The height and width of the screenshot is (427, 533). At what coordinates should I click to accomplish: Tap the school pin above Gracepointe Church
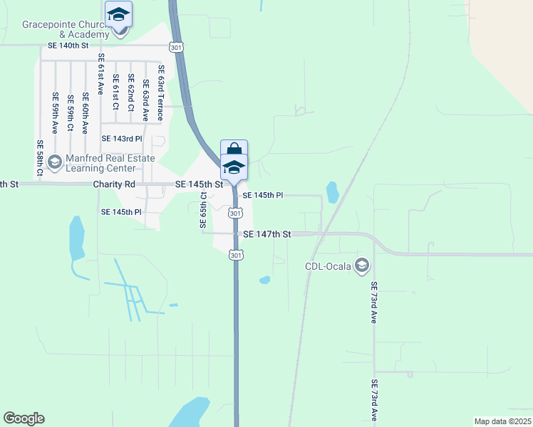[118, 14]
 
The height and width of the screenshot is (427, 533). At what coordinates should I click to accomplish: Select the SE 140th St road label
[68, 46]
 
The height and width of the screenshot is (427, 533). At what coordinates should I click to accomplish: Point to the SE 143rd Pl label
[123, 138]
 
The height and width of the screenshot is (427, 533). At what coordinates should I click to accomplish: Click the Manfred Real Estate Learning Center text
[100, 163]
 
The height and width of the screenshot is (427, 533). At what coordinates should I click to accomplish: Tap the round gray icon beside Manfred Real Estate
[54, 163]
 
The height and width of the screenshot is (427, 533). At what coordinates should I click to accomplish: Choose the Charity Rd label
[114, 184]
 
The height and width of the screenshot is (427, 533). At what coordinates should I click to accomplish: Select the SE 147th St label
[267, 233]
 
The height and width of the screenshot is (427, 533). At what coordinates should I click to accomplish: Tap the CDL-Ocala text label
[328, 266]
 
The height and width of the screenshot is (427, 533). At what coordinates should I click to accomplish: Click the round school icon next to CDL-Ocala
[362, 265]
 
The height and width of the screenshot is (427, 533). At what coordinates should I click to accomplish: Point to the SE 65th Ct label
[203, 210]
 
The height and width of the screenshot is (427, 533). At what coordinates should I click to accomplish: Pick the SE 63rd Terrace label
[162, 93]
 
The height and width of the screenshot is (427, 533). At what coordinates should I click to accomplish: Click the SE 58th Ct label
[40, 157]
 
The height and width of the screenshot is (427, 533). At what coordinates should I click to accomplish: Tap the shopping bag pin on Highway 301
[234, 149]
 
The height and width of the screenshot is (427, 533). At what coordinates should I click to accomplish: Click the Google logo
[24, 418]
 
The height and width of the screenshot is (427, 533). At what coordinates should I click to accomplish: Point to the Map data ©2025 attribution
[502, 421]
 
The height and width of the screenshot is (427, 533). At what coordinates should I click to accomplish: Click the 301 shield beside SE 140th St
[176, 47]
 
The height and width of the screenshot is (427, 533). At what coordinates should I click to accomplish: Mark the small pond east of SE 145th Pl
[332, 191]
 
